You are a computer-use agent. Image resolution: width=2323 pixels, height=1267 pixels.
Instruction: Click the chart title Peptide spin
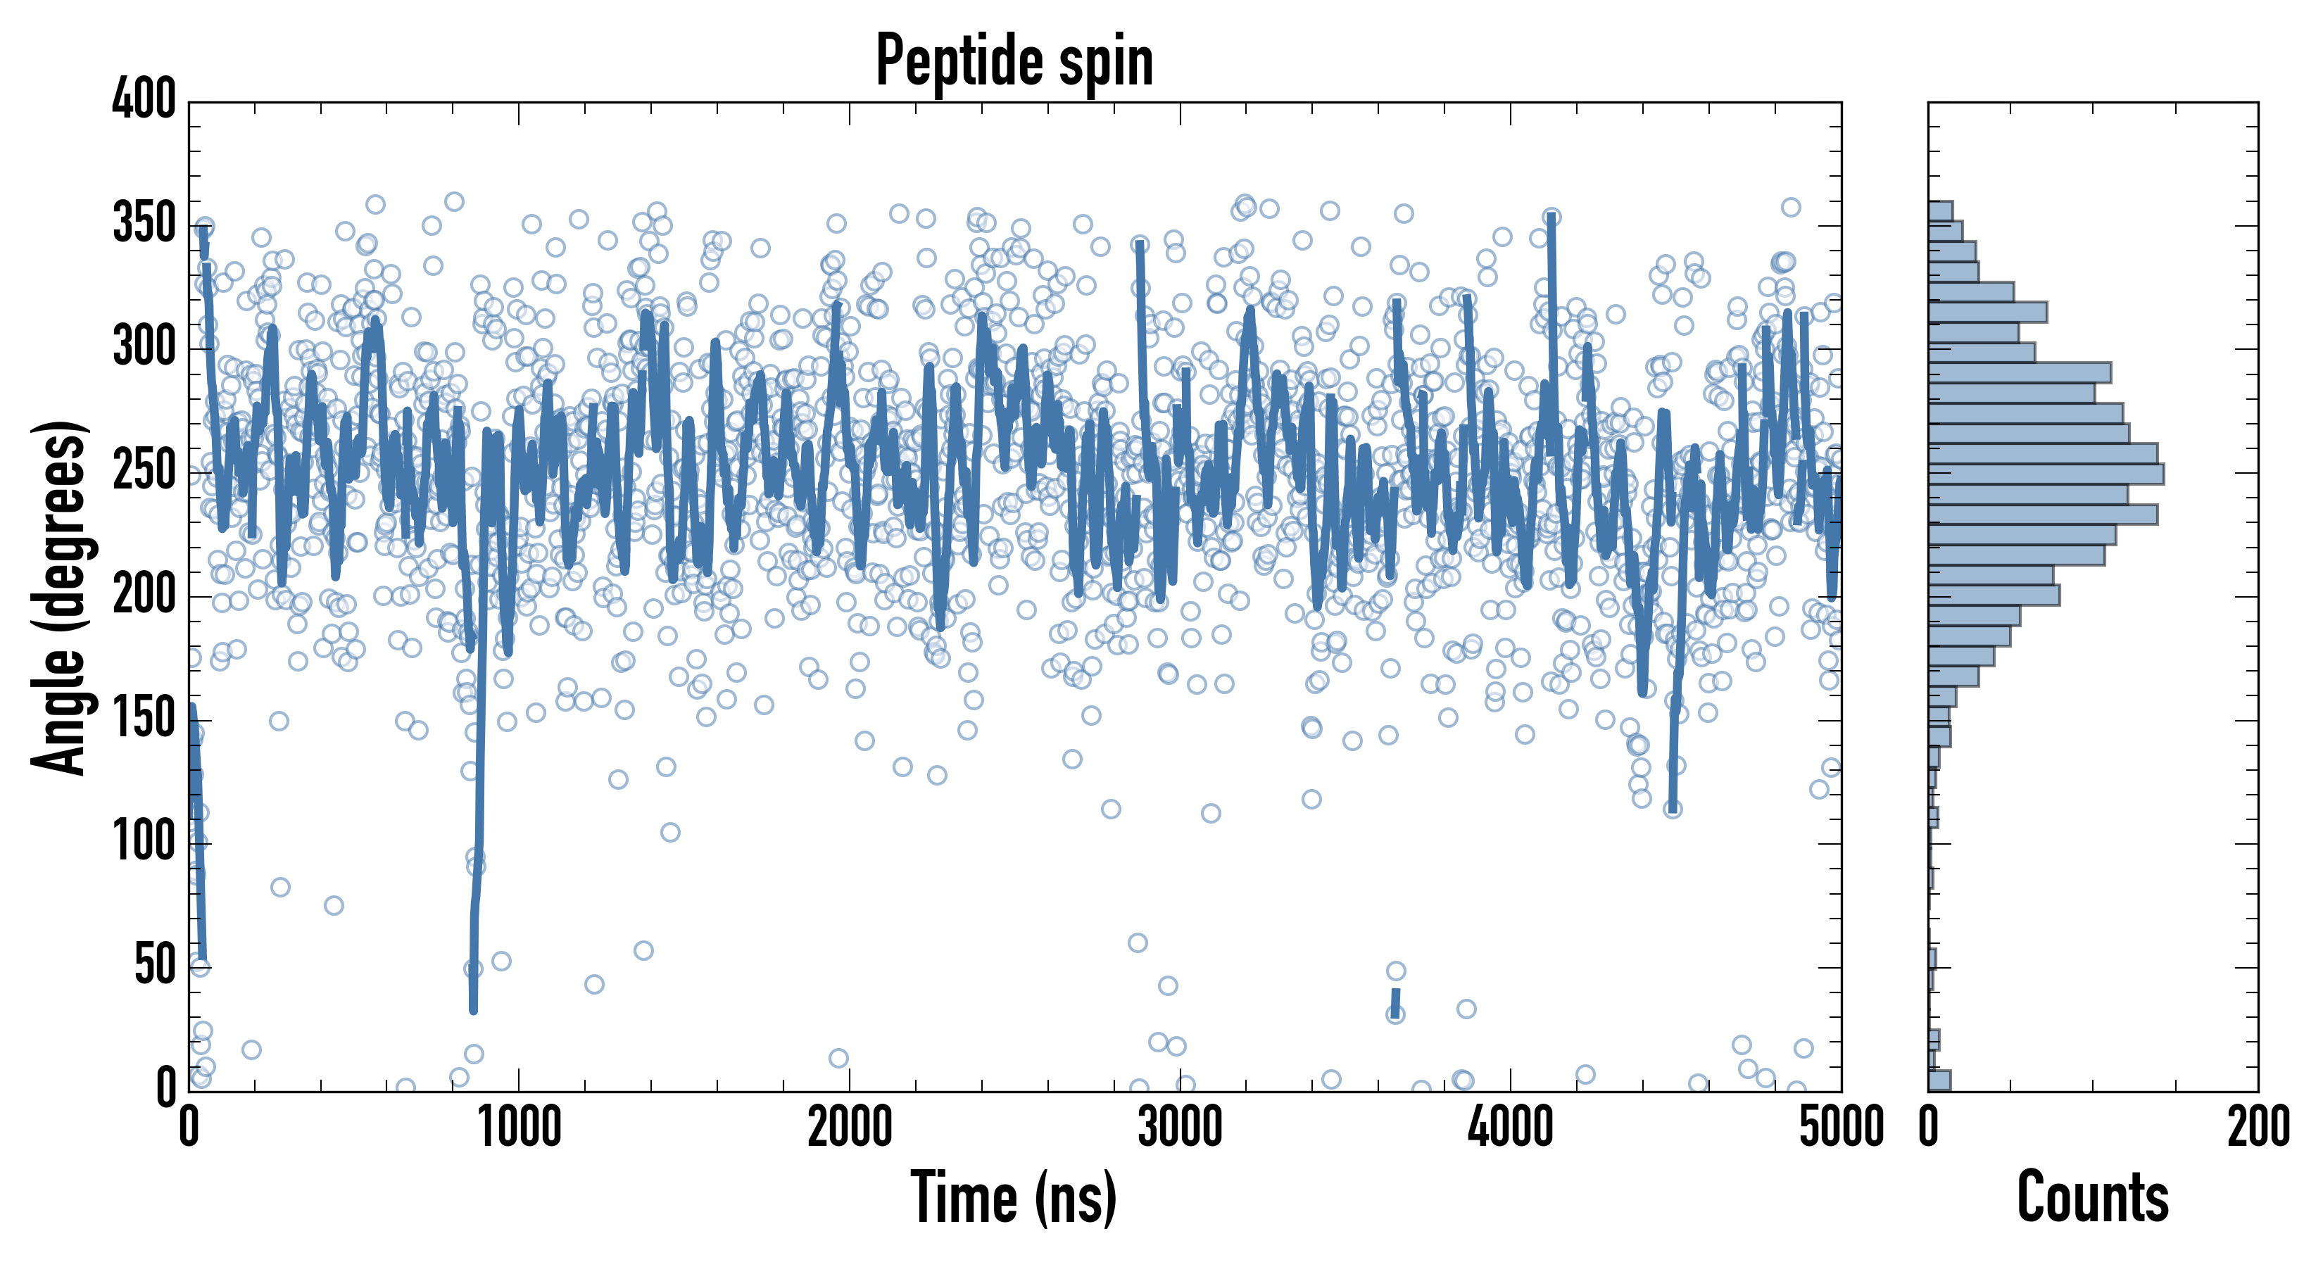(x=1014, y=61)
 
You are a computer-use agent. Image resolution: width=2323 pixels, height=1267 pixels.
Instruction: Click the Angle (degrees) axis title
(x=60, y=597)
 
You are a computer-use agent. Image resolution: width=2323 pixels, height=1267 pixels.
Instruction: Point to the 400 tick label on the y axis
(x=144, y=99)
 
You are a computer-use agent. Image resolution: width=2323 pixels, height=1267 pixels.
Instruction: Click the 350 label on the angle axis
(x=144, y=224)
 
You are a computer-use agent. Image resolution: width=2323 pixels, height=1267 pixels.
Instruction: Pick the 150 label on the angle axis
(x=144, y=719)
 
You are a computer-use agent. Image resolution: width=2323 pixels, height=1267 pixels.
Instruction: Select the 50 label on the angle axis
(x=154, y=966)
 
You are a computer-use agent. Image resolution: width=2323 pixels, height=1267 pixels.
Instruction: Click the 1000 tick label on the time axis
(x=520, y=1127)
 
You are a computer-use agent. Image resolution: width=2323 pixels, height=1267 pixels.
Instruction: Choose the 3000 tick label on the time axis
(x=1180, y=1127)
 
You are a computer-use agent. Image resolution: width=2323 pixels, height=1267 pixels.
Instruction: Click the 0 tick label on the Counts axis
(x=1929, y=1127)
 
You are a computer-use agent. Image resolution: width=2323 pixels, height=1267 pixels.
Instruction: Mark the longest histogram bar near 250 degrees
(x=2045, y=474)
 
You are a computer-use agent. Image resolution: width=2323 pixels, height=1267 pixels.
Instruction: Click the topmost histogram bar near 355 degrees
(x=1941, y=211)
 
